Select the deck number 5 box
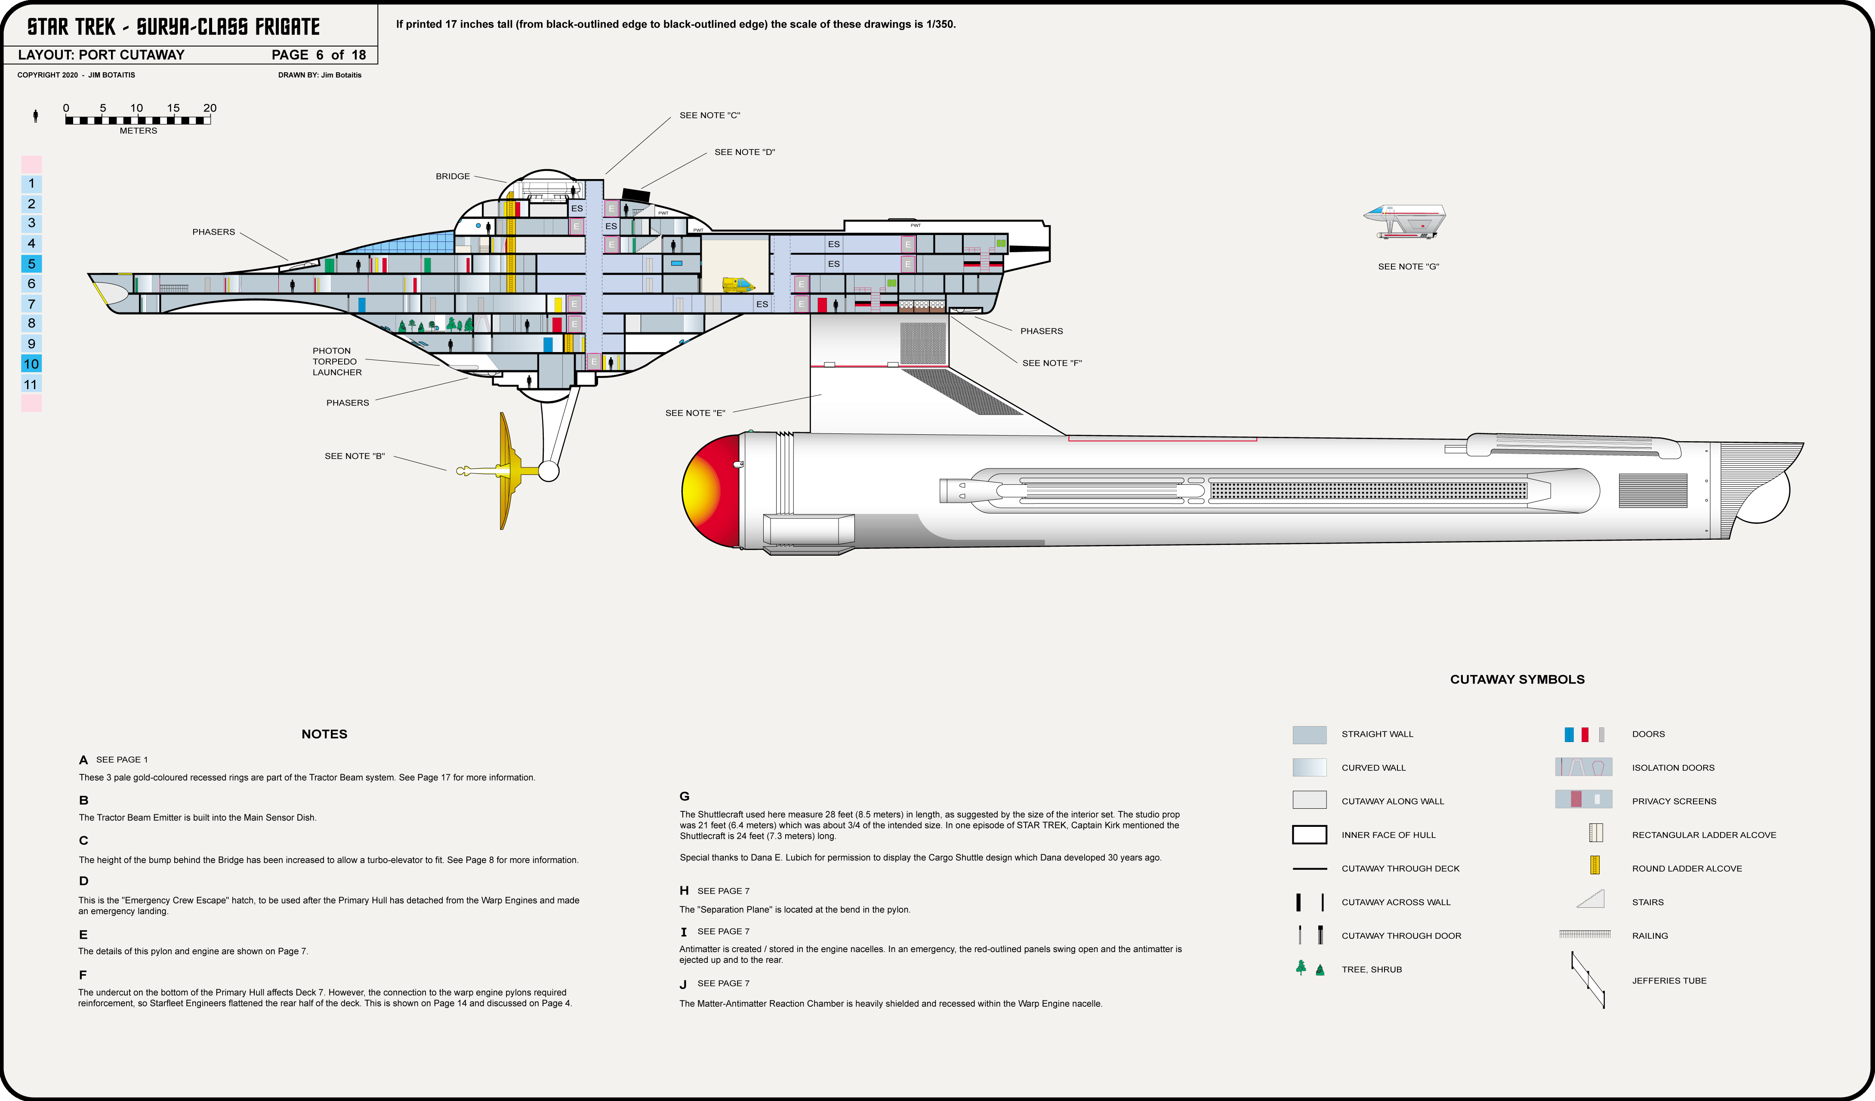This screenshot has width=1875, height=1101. [x=31, y=263]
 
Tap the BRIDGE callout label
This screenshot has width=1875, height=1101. [x=452, y=176]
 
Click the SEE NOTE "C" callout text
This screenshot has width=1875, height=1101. [x=709, y=115]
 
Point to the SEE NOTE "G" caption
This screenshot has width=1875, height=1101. [x=1408, y=266]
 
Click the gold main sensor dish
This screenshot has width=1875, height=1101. [x=506, y=470]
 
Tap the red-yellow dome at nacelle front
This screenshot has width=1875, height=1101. [x=711, y=491]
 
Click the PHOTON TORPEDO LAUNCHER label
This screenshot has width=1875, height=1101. [x=336, y=362]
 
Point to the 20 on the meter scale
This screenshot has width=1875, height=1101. [x=210, y=108]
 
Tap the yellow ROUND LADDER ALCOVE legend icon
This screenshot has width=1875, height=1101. [x=1594, y=865]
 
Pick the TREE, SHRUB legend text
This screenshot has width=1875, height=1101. [x=1371, y=969]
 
